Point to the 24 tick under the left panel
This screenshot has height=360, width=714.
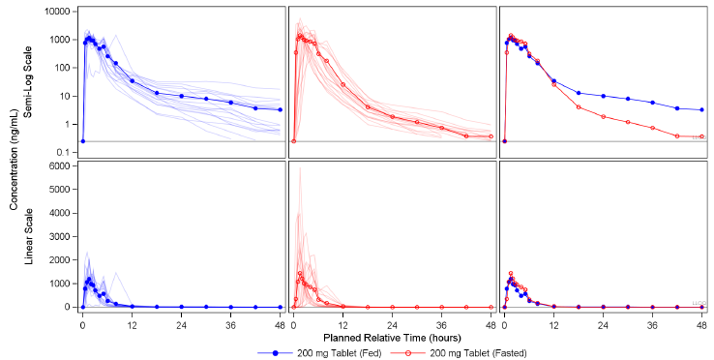181,322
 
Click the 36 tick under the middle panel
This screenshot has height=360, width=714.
441,322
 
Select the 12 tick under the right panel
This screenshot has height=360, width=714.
553,322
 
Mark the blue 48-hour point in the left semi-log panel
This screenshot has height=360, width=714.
280,109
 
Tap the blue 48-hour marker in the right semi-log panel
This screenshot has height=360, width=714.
701,109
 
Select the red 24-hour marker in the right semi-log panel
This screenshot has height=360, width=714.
603,117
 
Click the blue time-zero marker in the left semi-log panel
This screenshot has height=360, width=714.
82,141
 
